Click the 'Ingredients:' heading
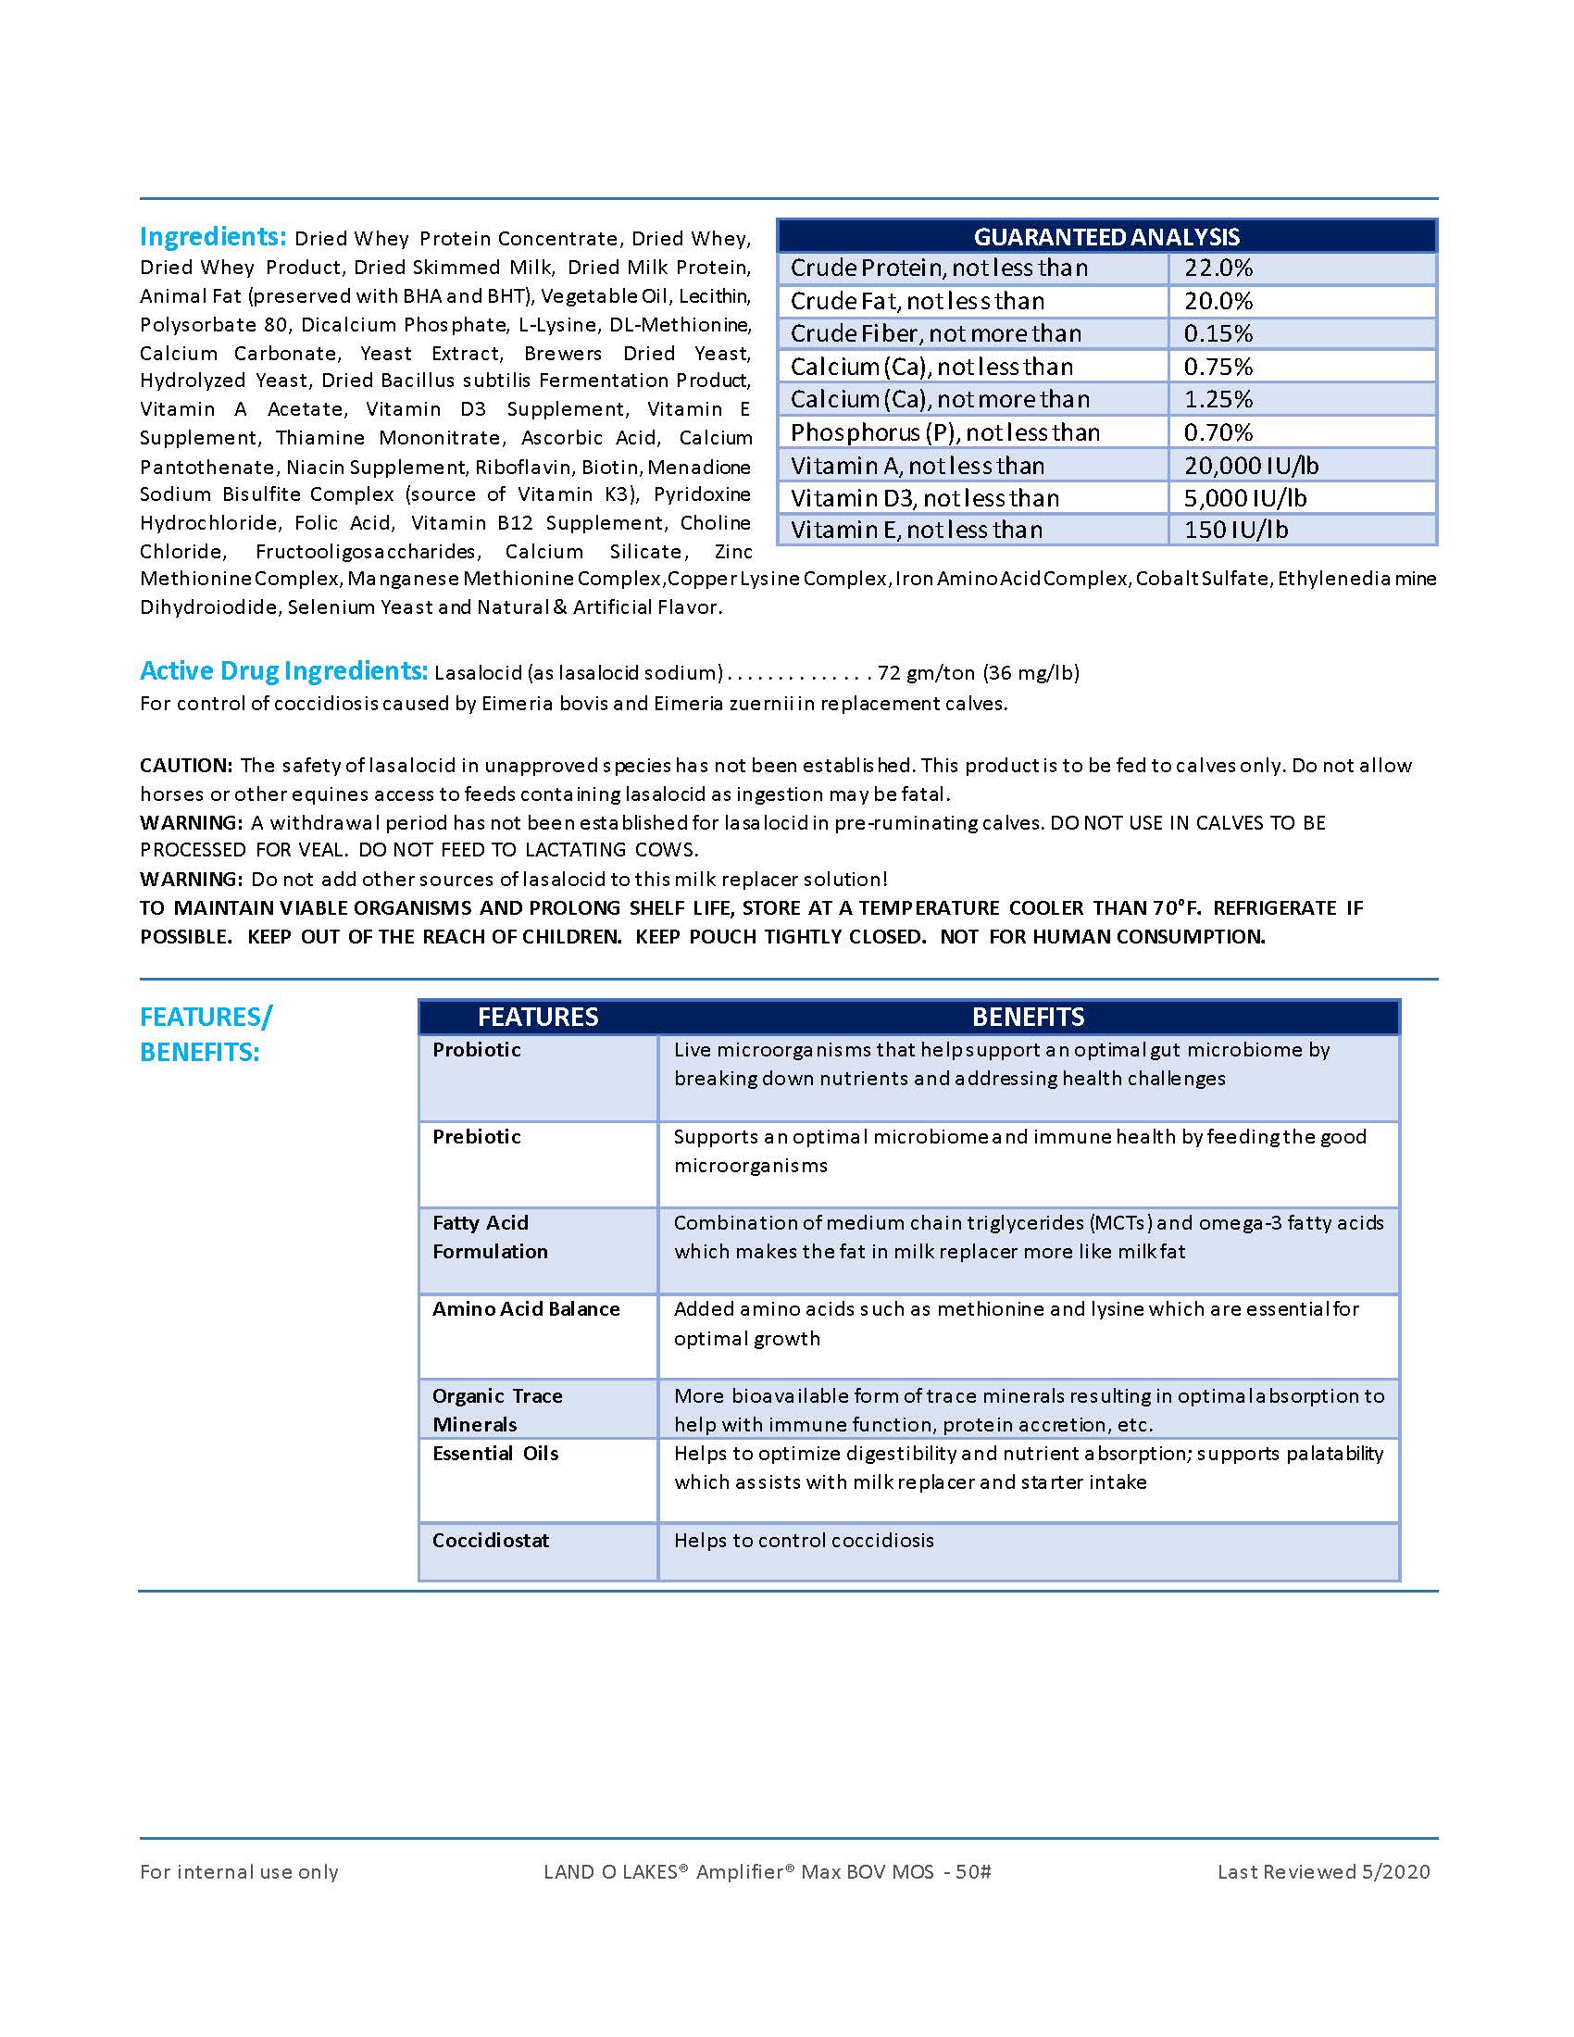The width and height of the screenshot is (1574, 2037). coord(213,237)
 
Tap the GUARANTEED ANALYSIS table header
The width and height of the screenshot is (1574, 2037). coord(1106,237)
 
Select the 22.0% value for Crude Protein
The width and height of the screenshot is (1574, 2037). coord(1218,269)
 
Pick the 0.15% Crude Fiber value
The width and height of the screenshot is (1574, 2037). coord(1218,334)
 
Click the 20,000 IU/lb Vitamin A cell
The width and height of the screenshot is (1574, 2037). coord(1252,466)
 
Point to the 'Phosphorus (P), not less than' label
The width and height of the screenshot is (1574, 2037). coord(944,432)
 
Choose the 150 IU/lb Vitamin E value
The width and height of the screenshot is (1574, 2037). coord(1235,530)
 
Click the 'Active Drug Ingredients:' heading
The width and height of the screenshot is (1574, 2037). coord(283,670)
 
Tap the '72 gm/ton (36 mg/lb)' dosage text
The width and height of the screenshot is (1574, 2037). coord(978,672)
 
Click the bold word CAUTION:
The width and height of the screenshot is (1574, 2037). coord(185,766)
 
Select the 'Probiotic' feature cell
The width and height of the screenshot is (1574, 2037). coord(477,1050)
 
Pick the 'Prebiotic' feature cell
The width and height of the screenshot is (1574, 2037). coord(477,1137)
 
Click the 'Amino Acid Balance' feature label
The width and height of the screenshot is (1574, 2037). coord(526,1309)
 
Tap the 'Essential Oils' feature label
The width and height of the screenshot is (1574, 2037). coord(495,1454)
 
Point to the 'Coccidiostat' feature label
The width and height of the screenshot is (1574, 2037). coord(491,1541)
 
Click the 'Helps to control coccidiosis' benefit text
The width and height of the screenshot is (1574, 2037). coord(804,1541)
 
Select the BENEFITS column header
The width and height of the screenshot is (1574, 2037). coord(1028,1017)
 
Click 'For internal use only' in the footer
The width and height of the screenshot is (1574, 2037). coord(239,1872)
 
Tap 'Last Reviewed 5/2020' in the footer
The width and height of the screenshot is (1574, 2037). coord(1323,1872)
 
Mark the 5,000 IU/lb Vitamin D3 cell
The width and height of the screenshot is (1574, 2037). coord(1244,498)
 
